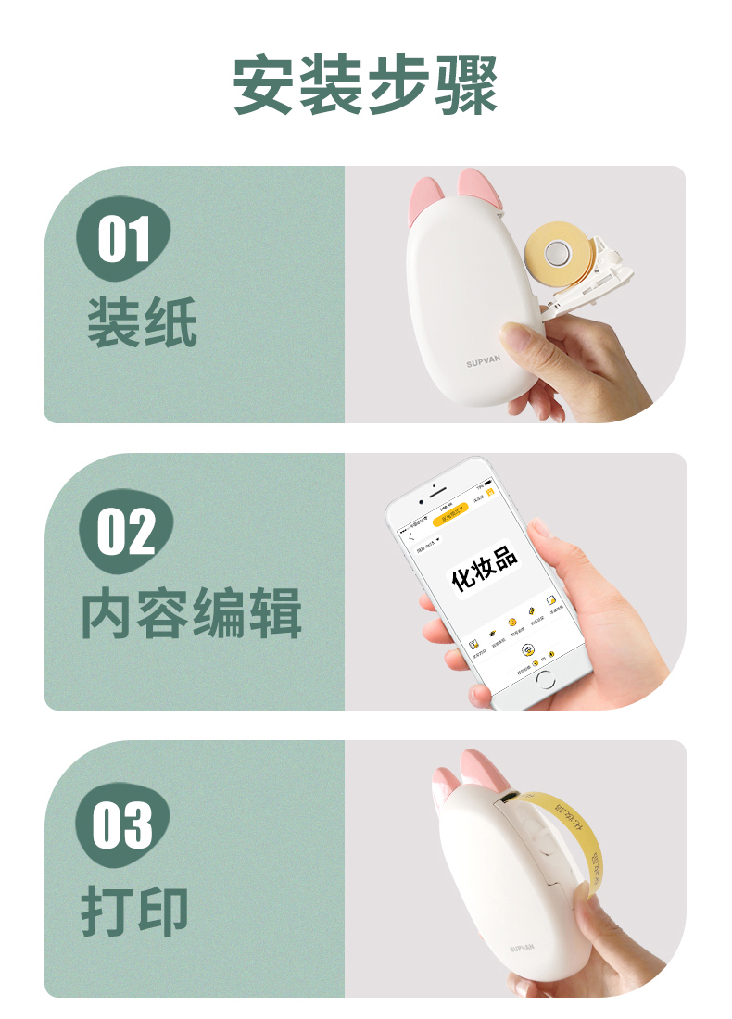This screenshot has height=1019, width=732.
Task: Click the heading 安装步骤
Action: tap(365, 85)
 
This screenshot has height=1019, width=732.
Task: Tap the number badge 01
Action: tap(123, 240)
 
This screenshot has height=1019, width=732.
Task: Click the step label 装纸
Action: tap(142, 321)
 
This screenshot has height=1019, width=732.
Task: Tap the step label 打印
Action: tap(135, 910)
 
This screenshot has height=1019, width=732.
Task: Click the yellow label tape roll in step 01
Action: tap(556, 251)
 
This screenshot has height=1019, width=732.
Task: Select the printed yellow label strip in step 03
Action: tap(574, 834)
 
